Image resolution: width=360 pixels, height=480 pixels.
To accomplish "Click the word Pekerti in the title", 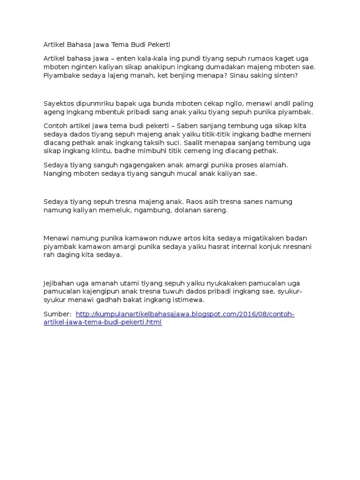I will tap(158, 45).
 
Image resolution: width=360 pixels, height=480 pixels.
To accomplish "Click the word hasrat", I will tap(222, 247).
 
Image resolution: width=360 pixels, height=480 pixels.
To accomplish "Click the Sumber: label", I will tap(57, 314).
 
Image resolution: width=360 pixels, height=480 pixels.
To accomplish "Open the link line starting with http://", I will tap(185, 314).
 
